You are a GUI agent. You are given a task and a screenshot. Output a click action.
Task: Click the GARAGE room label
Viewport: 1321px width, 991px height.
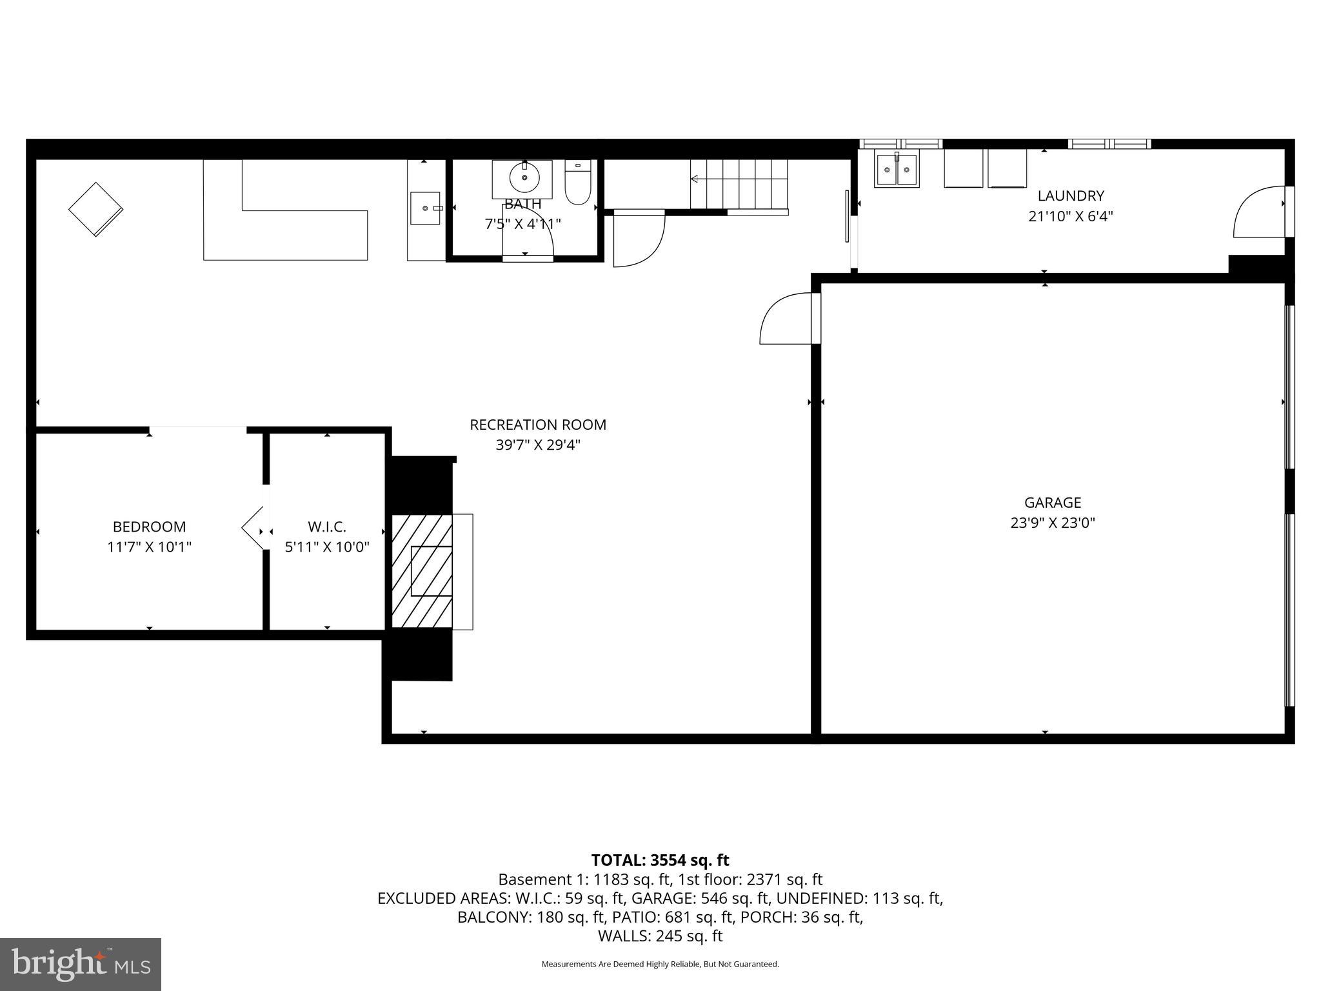(1052, 502)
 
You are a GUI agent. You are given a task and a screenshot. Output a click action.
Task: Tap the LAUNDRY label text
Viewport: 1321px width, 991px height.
(1070, 195)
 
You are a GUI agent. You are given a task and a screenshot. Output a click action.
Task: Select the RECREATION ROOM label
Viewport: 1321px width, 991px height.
(537, 425)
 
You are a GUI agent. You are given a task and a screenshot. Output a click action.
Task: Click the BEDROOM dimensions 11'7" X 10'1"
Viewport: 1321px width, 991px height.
(149, 547)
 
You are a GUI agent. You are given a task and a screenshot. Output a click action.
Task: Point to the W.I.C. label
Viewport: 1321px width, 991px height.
(326, 526)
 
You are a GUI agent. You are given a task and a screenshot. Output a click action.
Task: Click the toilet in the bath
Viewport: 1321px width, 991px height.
(577, 183)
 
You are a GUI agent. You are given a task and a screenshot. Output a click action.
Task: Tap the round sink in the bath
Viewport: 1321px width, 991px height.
(524, 179)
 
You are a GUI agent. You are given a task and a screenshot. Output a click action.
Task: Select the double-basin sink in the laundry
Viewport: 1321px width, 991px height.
(896, 170)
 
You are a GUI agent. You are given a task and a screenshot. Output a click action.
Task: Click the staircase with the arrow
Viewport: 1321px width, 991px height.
(739, 184)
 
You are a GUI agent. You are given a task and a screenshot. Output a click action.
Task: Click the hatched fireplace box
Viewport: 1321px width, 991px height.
(422, 571)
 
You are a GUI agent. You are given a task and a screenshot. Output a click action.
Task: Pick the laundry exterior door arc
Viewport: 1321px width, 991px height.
(1258, 213)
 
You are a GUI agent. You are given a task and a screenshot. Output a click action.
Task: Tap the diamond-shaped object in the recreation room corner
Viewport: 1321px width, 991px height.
(95, 210)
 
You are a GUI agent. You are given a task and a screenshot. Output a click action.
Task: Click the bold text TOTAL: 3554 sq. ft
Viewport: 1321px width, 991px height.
(660, 860)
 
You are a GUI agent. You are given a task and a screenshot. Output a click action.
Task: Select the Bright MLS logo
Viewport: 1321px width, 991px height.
(81, 964)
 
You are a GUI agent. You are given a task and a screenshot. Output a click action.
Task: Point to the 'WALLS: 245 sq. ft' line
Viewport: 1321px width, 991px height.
(660, 936)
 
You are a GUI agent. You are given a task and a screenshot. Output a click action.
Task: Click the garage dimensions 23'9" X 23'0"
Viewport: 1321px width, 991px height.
(1052, 523)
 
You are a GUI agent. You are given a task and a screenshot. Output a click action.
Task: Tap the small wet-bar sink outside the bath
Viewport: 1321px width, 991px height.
(426, 208)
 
